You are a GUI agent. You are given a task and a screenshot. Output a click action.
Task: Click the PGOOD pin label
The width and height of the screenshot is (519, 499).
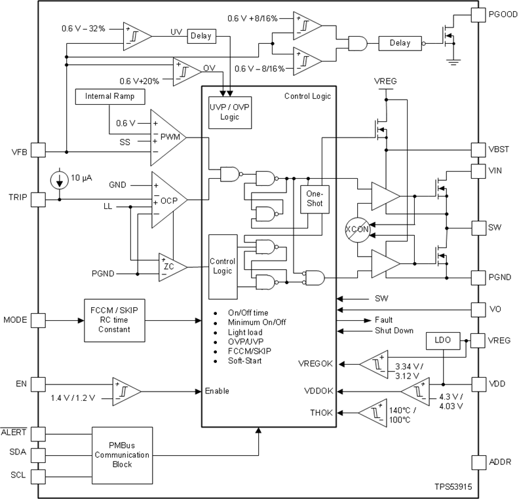pyautogui.click(x=503, y=14)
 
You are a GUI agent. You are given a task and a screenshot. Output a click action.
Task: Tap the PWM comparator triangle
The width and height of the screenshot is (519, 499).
pyautogui.click(x=168, y=138)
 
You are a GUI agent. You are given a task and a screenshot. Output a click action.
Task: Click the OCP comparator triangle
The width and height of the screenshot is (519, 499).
pyautogui.click(x=168, y=200)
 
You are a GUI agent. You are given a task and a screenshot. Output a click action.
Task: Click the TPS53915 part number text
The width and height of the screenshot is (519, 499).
pyautogui.click(x=452, y=488)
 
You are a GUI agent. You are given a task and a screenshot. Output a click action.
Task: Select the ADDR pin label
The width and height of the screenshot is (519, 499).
pyautogui.click(x=499, y=462)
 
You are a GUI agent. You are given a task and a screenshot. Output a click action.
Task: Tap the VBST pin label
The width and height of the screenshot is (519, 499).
pyautogui.click(x=500, y=149)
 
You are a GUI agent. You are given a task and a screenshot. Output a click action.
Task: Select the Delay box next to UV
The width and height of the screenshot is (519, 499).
pyautogui.click(x=201, y=36)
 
